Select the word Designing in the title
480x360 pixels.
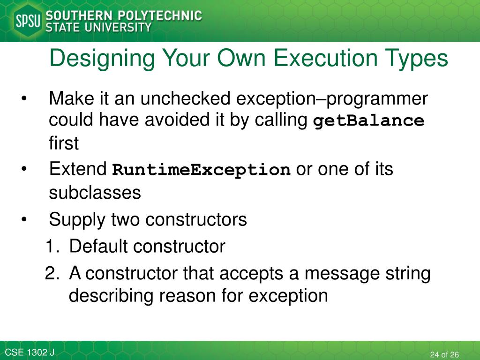pyautogui.click(x=102, y=59)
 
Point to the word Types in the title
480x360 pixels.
pyautogui.click(x=416, y=59)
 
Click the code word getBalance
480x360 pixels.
pyautogui.click(x=368, y=121)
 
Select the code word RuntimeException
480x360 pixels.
pyautogui.click(x=201, y=170)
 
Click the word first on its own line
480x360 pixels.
pyautogui.click(x=64, y=143)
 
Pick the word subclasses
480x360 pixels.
pyautogui.click(x=95, y=193)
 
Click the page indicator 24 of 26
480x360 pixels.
pyautogui.click(x=444, y=354)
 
